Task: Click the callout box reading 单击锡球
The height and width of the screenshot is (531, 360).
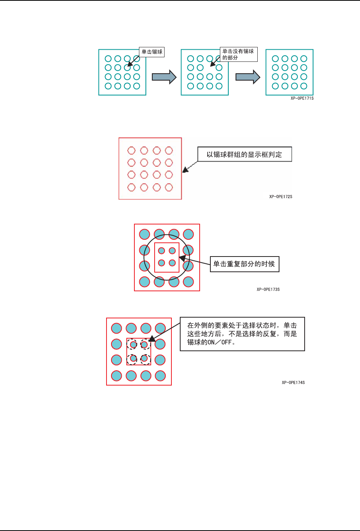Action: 152,52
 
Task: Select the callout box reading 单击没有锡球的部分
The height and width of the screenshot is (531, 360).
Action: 239,54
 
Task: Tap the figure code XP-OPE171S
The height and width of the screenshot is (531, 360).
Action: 302,98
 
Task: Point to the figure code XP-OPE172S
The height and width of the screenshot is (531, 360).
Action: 281,197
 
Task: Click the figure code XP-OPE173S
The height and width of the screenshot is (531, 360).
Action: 268,290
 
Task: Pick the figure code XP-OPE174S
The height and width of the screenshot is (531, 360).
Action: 293,383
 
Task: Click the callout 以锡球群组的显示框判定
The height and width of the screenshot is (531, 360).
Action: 244,155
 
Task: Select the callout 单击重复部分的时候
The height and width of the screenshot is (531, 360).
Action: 244,264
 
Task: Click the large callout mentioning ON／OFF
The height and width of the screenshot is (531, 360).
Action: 242,334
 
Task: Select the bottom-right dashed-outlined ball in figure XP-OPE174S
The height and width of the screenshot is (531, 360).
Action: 144,359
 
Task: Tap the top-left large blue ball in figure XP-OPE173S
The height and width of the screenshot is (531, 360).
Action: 145,234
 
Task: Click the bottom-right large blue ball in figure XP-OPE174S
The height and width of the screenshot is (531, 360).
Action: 160,376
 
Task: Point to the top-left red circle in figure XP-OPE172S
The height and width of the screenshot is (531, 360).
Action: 131,150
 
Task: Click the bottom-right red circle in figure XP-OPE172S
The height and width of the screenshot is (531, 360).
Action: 169,187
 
